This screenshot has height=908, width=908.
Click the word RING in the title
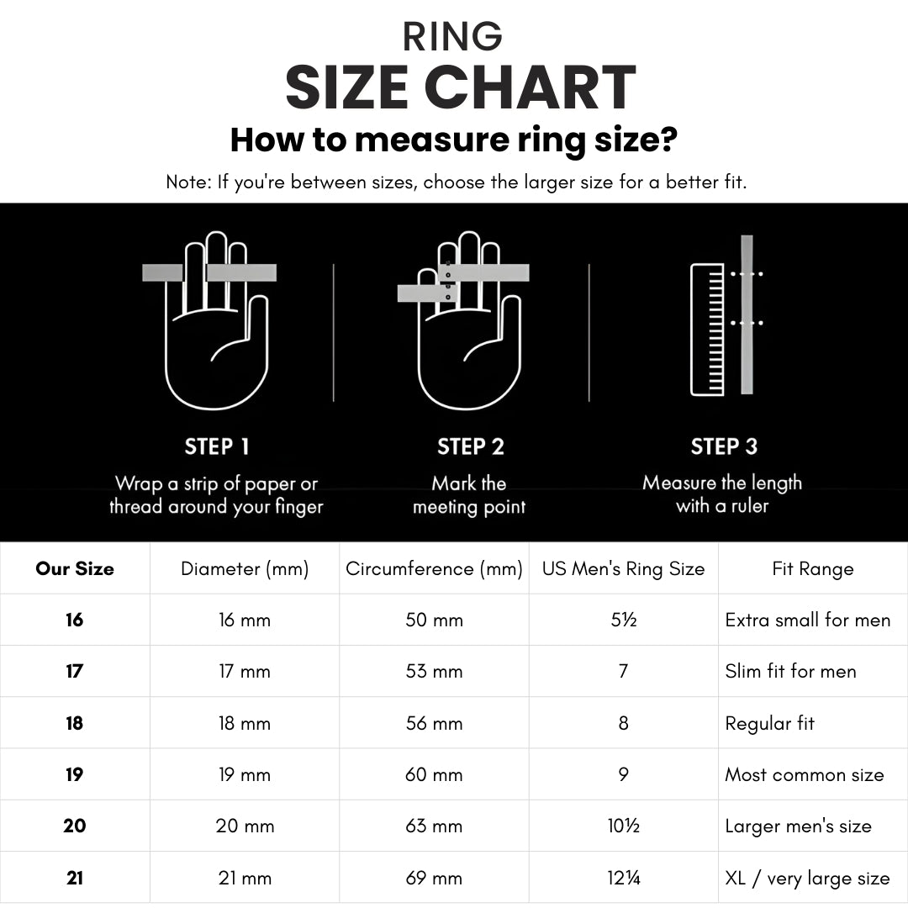[452, 36]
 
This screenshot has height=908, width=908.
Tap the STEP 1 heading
[217, 446]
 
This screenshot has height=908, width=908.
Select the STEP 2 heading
[470, 446]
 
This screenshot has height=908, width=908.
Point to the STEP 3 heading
[724, 446]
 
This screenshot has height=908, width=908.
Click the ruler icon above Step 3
[707, 330]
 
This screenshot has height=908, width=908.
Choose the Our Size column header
[75, 568]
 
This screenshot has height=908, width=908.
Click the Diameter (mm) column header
[245, 568]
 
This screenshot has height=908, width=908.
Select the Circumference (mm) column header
[434, 568]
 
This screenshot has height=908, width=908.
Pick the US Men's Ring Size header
[623, 568]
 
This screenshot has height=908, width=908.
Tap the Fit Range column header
[812, 569]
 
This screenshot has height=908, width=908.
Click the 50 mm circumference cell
[434, 620]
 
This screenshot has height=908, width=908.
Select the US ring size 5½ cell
[623, 620]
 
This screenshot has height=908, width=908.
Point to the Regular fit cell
[769, 723]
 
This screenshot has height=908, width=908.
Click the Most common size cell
[805, 775]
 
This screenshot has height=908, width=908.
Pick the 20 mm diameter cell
[245, 826]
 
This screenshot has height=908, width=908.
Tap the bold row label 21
[75, 878]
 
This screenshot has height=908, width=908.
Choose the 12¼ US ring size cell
[623, 878]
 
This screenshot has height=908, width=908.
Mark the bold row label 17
[75, 671]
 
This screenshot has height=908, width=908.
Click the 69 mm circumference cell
[434, 878]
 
